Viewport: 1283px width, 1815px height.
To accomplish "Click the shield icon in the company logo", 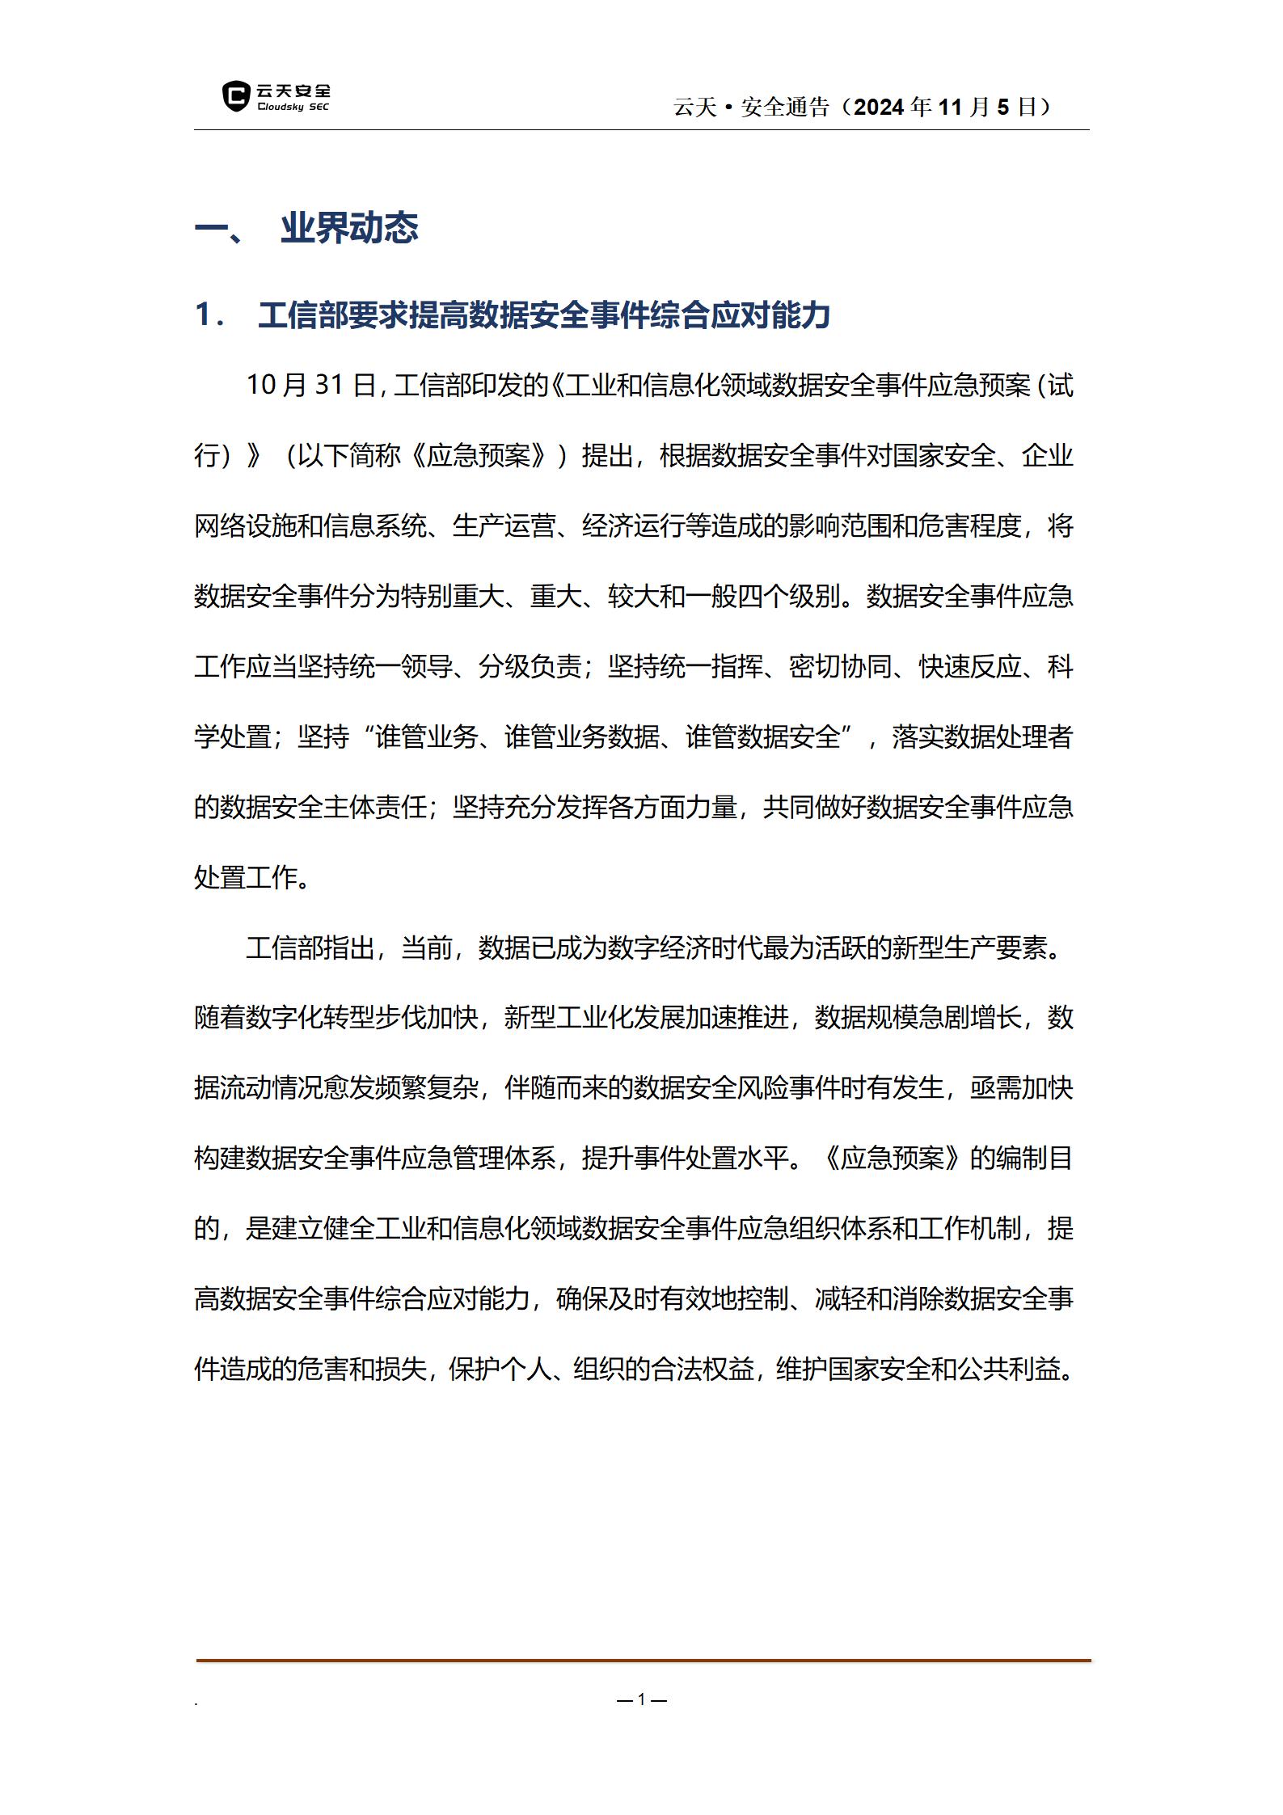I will [x=235, y=96].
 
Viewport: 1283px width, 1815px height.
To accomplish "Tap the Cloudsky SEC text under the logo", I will [x=293, y=108].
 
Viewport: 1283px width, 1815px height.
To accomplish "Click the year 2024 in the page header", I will [x=880, y=107].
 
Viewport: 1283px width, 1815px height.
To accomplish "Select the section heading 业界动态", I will [x=349, y=228].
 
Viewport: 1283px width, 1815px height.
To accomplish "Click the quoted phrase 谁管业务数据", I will [x=582, y=737].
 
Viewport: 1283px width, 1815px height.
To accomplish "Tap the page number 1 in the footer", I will [x=642, y=1699].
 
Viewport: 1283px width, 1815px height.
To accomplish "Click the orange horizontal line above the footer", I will [x=643, y=1661].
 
